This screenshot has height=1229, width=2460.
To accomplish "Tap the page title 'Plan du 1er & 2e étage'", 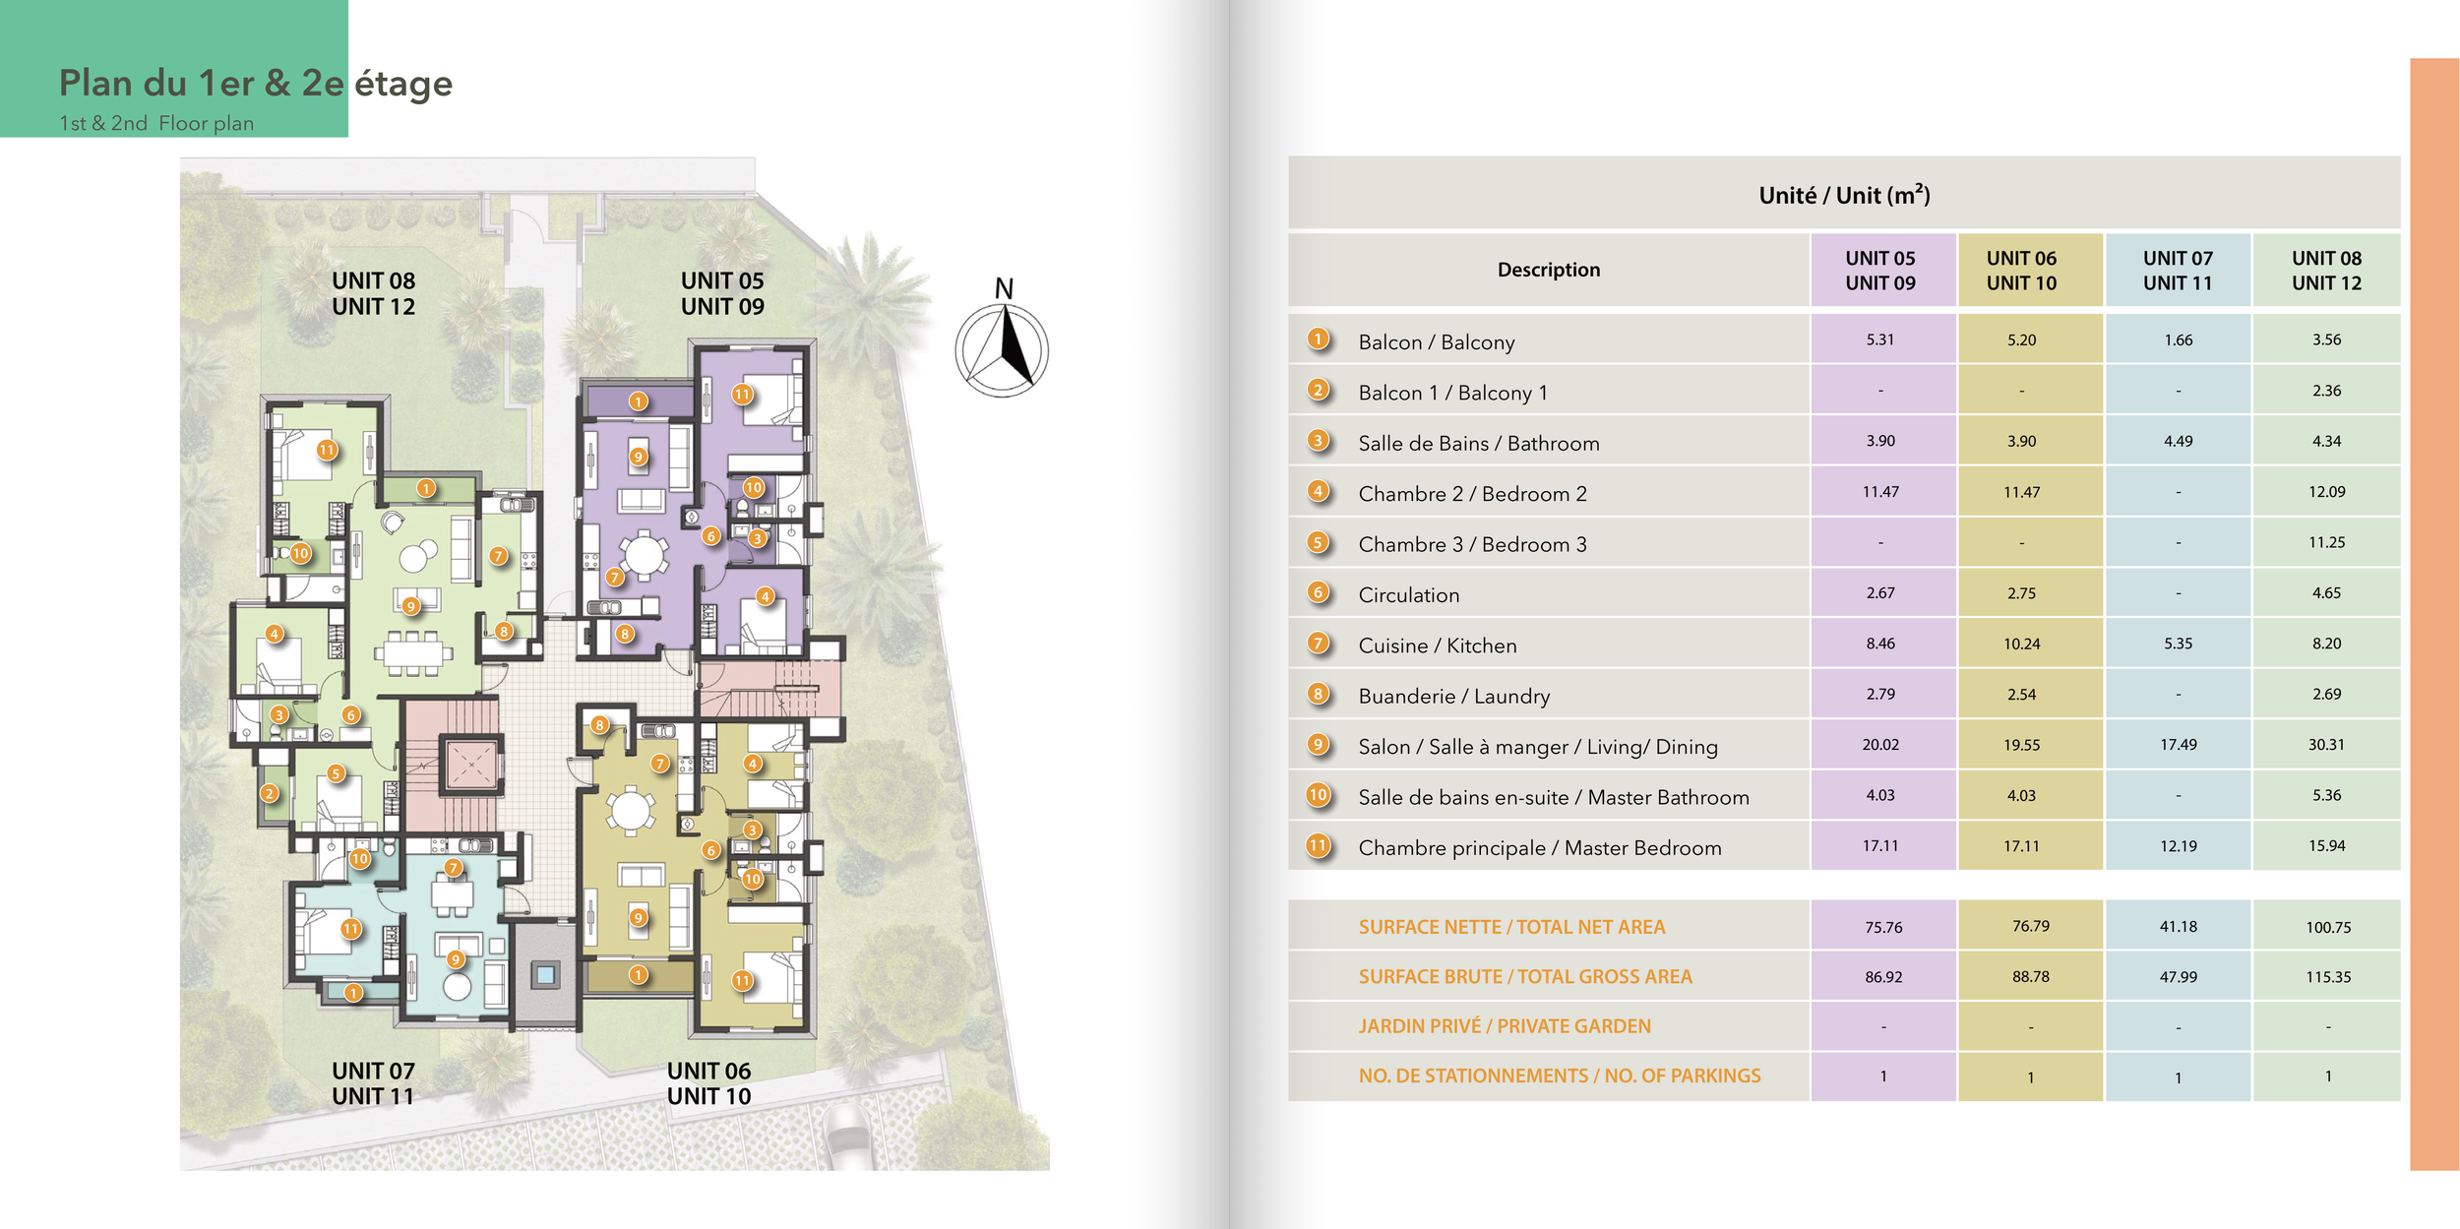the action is pos(255,84).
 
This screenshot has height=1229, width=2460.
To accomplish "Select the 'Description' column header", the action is pos(1548,270).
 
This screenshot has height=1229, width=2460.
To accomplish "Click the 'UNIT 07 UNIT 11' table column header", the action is pos(2178,271).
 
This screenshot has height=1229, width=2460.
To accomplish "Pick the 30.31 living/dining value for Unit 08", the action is pos(2326,745).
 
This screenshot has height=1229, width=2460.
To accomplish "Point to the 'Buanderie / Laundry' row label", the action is pos(1453,697).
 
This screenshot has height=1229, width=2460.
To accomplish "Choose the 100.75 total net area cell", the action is pos(2327,927).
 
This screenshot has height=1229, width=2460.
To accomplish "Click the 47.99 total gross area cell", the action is pos(2178,977).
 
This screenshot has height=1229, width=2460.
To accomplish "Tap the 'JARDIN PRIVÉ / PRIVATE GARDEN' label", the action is pos(1505,1026).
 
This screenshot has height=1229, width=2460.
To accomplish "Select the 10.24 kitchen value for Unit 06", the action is pos(2021,645).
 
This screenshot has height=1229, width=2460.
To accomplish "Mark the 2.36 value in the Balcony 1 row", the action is pos(2326,392).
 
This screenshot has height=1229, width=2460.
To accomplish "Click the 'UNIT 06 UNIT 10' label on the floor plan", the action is pos(708,1083).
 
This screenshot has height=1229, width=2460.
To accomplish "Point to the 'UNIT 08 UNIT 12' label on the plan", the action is pos(373,293).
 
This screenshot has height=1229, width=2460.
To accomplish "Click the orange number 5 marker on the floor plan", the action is pos(336,773).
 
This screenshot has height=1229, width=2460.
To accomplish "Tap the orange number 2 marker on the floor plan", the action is pos(270,793).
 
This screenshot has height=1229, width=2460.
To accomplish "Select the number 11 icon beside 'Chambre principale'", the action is pos(1318,845).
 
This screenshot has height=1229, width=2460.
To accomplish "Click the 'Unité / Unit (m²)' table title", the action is pos(1843,195).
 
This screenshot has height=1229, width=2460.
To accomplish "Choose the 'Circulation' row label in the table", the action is pos(1408,595).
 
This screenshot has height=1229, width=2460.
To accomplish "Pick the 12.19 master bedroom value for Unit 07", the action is pos(2178,846).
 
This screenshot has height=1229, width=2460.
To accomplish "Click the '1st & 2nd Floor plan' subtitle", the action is pos(156,124).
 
